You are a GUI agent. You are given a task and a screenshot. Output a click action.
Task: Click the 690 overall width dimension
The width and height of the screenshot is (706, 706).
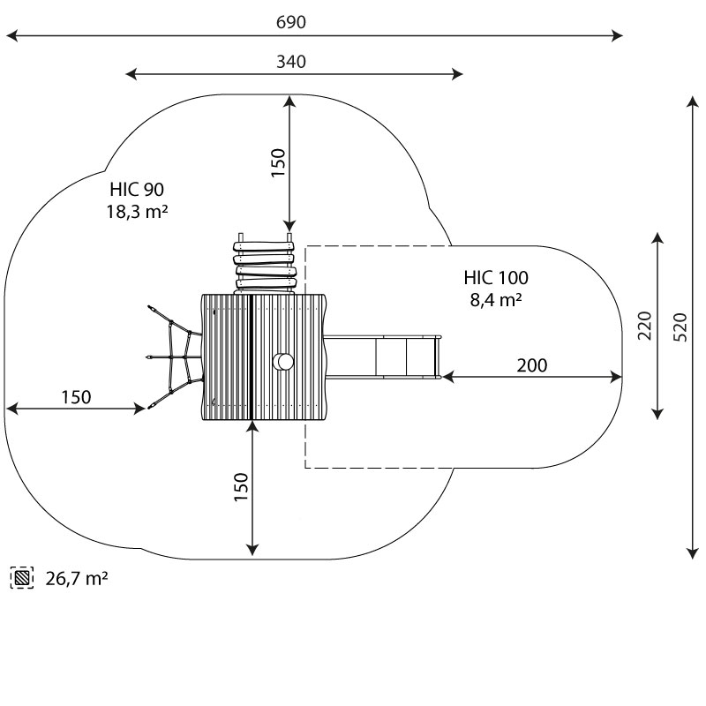tap(291, 22)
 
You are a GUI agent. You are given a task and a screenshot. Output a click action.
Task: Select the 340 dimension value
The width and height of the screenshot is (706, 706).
tap(291, 61)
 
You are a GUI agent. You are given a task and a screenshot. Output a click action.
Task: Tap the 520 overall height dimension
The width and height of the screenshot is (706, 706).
tap(679, 326)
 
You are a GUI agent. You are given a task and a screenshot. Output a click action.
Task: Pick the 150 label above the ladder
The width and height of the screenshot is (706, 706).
tap(277, 164)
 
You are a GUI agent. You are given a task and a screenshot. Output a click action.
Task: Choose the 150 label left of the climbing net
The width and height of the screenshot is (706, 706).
tap(76, 397)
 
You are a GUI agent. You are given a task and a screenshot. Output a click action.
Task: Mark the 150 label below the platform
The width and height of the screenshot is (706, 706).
tap(241, 488)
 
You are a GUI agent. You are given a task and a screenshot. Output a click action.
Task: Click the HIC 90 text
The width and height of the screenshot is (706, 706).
tap(137, 189)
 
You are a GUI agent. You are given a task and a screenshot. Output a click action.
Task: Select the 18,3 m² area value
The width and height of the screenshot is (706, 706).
tap(137, 211)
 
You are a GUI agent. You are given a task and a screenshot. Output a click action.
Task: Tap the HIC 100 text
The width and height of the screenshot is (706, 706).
tap(496, 278)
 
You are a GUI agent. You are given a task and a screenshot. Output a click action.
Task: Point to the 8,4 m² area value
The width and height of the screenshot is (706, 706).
tap(496, 300)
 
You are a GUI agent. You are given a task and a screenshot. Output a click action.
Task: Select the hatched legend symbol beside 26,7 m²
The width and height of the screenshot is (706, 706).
tap(22, 579)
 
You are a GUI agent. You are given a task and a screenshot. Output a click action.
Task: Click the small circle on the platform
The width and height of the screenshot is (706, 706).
tap(284, 361)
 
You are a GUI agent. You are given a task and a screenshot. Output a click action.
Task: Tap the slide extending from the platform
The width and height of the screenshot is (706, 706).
tap(385, 357)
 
